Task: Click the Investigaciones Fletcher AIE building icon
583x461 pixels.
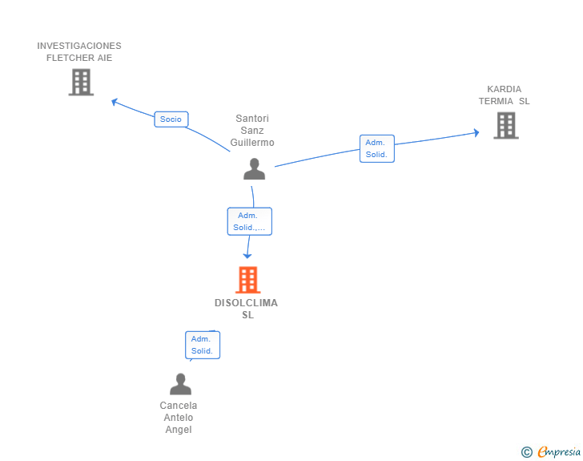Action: click(x=81, y=82)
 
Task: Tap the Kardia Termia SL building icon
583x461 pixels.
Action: click(x=505, y=125)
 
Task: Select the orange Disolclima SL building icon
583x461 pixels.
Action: click(x=248, y=280)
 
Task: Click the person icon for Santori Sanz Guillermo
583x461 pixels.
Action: click(x=254, y=168)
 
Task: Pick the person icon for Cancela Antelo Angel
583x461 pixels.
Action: click(x=180, y=384)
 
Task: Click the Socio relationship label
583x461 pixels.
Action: click(x=171, y=119)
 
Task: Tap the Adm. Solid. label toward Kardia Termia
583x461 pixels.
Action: click(x=376, y=148)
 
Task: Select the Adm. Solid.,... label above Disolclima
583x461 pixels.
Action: click(x=249, y=221)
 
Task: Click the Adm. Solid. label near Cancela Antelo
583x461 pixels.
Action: click(x=202, y=345)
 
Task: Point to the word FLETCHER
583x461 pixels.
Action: click(x=79, y=58)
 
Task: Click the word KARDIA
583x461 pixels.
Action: click(x=504, y=89)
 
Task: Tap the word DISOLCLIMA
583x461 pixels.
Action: click(x=247, y=303)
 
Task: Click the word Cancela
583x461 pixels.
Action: click(x=179, y=406)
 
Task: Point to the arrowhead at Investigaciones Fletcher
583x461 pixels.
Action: click(x=114, y=101)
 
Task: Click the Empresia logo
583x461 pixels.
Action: click(x=559, y=452)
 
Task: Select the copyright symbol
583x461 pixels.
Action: click(x=526, y=452)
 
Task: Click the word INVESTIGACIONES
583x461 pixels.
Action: click(x=79, y=46)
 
